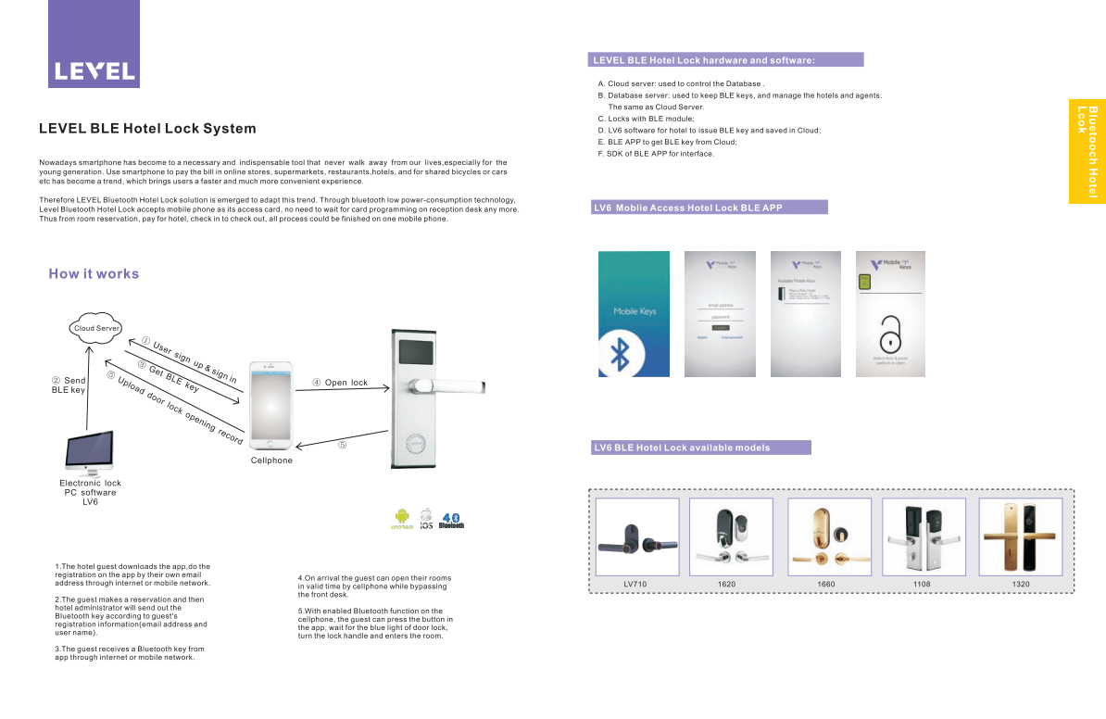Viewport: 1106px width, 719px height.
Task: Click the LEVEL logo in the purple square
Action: click(94, 70)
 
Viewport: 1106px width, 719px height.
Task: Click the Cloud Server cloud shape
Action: click(96, 329)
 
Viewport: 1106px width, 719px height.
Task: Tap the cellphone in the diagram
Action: click(271, 405)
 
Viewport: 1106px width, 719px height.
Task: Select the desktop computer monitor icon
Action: click(90, 452)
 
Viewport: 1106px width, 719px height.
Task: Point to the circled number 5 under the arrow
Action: click(342, 445)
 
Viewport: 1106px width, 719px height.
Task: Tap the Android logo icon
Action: click(401, 518)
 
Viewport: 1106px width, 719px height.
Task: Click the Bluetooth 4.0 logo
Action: click(452, 520)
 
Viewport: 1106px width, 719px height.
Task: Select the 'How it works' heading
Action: click(94, 273)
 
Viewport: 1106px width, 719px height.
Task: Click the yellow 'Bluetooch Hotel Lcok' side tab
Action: click(1087, 150)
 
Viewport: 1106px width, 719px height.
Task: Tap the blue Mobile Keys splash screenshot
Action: click(634, 314)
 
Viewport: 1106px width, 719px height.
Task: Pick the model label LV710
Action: click(635, 585)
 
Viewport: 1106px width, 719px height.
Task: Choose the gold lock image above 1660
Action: click(828, 536)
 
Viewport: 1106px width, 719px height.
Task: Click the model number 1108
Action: click(922, 585)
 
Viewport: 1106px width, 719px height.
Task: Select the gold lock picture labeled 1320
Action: click(1021, 536)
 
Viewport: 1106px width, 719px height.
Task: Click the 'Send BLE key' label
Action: click(69, 385)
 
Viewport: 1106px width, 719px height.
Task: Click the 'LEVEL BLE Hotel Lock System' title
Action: click(147, 129)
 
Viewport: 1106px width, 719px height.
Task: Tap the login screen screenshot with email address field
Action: click(720, 314)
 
